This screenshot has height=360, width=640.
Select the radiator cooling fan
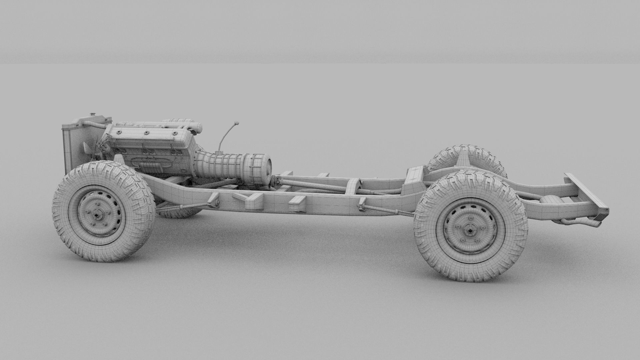tap(92, 147)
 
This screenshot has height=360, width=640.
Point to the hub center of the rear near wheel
tap(470, 230)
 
